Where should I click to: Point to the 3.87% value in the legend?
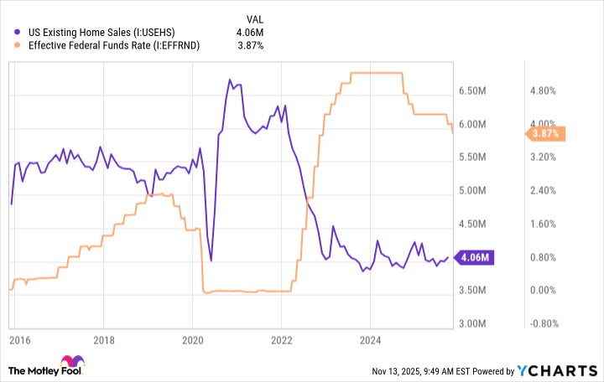[249, 45]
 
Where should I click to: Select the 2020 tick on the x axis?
[192, 341]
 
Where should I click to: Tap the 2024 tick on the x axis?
[370, 341]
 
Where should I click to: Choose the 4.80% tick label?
[544, 90]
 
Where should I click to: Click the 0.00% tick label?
[544, 291]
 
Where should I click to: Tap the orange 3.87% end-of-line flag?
[544, 133]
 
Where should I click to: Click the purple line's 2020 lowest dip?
[211, 261]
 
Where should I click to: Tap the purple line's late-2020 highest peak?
[230, 80]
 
